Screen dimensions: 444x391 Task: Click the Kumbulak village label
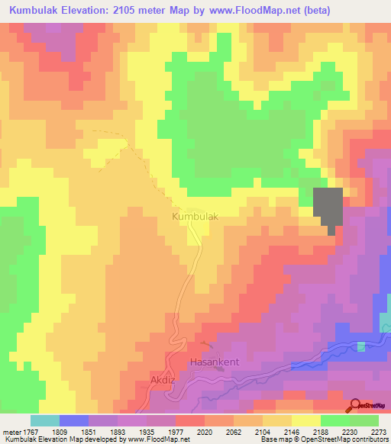pyautogui.click(x=195, y=217)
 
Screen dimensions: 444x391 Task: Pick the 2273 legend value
pyautogui.click(x=378, y=432)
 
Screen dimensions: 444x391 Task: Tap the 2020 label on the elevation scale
pyautogui.click(x=204, y=432)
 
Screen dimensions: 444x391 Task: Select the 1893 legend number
pyautogui.click(x=117, y=432)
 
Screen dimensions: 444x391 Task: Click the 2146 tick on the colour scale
pyautogui.click(x=291, y=432)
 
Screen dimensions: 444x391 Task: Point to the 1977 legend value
pyautogui.click(x=175, y=432)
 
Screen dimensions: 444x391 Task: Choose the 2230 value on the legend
pyautogui.click(x=349, y=432)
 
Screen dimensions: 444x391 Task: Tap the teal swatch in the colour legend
pyautogui.click(x=45, y=420)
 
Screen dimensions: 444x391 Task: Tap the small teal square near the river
pyautogui.click(x=360, y=346)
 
